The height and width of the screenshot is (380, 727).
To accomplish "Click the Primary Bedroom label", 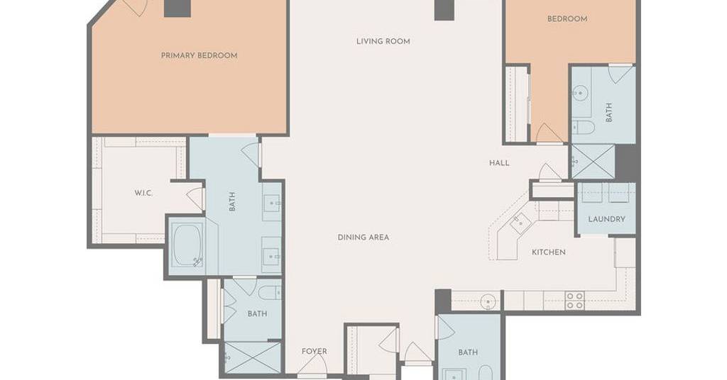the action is click(199, 55).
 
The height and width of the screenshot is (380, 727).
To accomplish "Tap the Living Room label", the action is click(383, 41).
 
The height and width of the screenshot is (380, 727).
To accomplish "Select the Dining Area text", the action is click(363, 238).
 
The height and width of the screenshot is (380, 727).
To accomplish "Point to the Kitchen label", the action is click(549, 252).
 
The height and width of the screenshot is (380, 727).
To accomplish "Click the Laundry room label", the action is click(606, 219).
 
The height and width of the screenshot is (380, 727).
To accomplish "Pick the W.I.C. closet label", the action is click(143, 193).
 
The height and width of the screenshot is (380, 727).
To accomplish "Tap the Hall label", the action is click(499, 163).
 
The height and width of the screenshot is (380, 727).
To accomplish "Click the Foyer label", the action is click(315, 352).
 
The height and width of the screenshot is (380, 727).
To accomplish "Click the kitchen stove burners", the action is click(575, 301).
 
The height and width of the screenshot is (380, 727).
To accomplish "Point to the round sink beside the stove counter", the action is click(488, 302).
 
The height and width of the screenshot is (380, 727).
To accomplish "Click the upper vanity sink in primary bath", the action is click(272, 202).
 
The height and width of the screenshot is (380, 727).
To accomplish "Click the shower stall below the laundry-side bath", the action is click(593, 162).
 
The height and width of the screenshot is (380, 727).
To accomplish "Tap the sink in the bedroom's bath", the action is click(579, 94).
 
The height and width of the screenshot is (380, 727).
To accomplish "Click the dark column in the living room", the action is click(444, 10).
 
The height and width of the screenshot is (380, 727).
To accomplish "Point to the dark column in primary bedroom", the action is click(177, 9).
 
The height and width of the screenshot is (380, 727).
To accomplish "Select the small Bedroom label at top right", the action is click(567, 19).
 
